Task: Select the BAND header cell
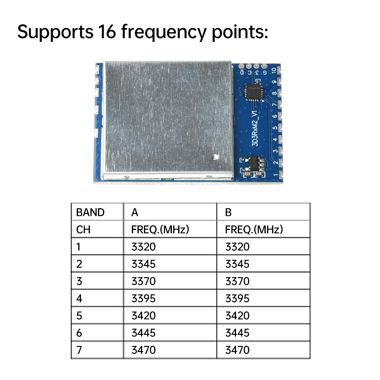90,212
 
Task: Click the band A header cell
135,212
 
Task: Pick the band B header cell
228,212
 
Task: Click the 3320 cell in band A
143,247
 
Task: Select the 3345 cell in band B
237,264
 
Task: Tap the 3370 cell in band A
143,281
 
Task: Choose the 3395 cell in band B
237,299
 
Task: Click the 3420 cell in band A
143,316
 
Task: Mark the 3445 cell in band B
237,333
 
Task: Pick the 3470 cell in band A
143,350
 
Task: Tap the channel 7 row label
79,350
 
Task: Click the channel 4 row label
79,299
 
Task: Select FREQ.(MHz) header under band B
254,230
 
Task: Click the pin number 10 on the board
275,71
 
